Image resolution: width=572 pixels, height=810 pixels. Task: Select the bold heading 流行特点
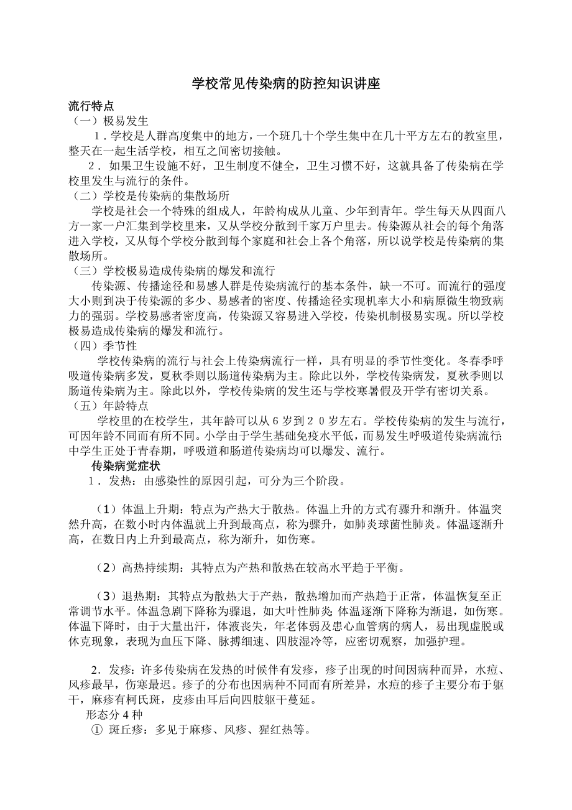[x=91, y=106]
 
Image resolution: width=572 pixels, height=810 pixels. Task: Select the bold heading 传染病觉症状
[x=124, y=466]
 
